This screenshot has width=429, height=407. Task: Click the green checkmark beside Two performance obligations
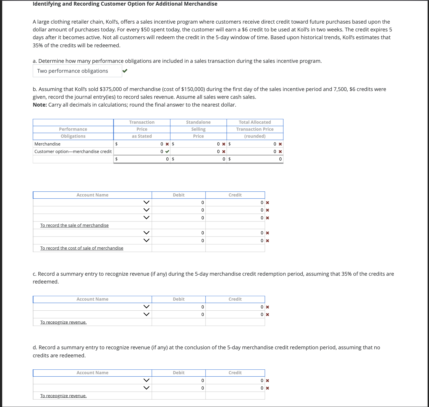[125, 71]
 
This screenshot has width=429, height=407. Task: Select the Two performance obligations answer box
[77, 71]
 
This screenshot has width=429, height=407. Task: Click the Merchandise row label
[47, 144]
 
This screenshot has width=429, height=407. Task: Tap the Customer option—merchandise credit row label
[73, 151]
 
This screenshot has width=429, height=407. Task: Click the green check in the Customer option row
[167, 151]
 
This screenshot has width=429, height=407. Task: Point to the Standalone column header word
[198, 122]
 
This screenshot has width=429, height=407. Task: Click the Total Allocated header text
[255, 122]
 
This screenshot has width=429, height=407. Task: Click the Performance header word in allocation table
[73, 129]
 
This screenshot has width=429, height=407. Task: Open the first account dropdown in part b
[146, 202]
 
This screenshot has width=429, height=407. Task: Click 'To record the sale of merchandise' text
[74, 225]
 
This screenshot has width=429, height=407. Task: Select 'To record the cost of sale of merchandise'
[82, 248]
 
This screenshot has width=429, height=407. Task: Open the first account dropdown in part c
[146, 307]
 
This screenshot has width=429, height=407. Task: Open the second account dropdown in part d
[146, 388]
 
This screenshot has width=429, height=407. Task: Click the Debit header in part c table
[178, 299]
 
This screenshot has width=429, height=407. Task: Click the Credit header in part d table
[235, 373]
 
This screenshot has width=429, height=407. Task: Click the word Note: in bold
[40, 105]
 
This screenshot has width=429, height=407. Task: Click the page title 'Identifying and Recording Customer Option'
[125, 4]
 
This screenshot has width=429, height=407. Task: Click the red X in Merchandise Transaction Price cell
[167, 144]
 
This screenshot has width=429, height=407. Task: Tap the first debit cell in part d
[179, 380]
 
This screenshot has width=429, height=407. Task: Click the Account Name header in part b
[92, 195]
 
